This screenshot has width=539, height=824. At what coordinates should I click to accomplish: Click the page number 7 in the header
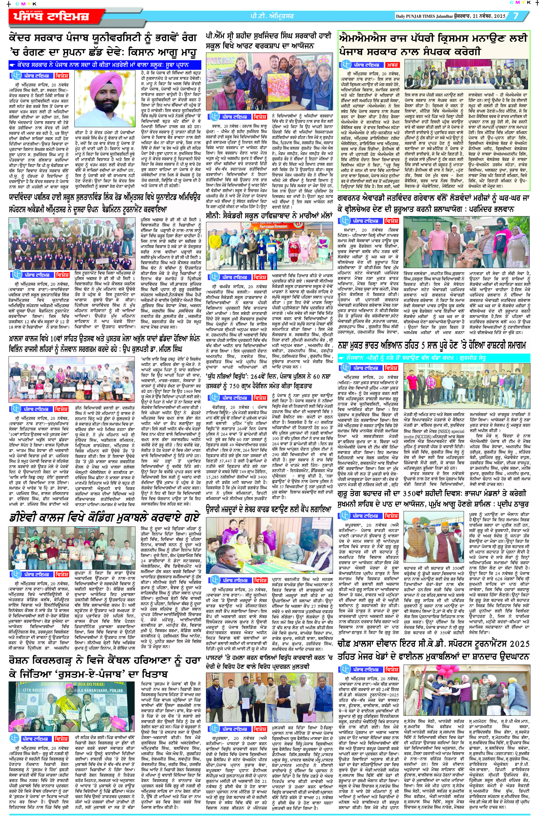(516, 16)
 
